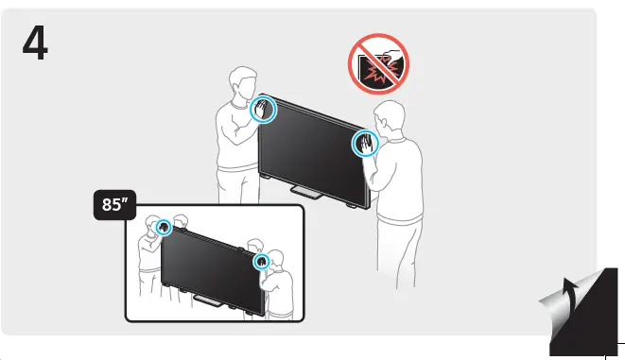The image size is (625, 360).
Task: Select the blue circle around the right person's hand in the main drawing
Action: [364, 144]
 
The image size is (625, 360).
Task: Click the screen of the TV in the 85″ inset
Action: [209, 266]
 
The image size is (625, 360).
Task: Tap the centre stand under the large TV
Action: [307, 192]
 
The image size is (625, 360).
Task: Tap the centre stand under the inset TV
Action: [205, 302]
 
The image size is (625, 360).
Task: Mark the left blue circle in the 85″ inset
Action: [164, 227]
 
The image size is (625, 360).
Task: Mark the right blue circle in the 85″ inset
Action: [262, 259]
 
